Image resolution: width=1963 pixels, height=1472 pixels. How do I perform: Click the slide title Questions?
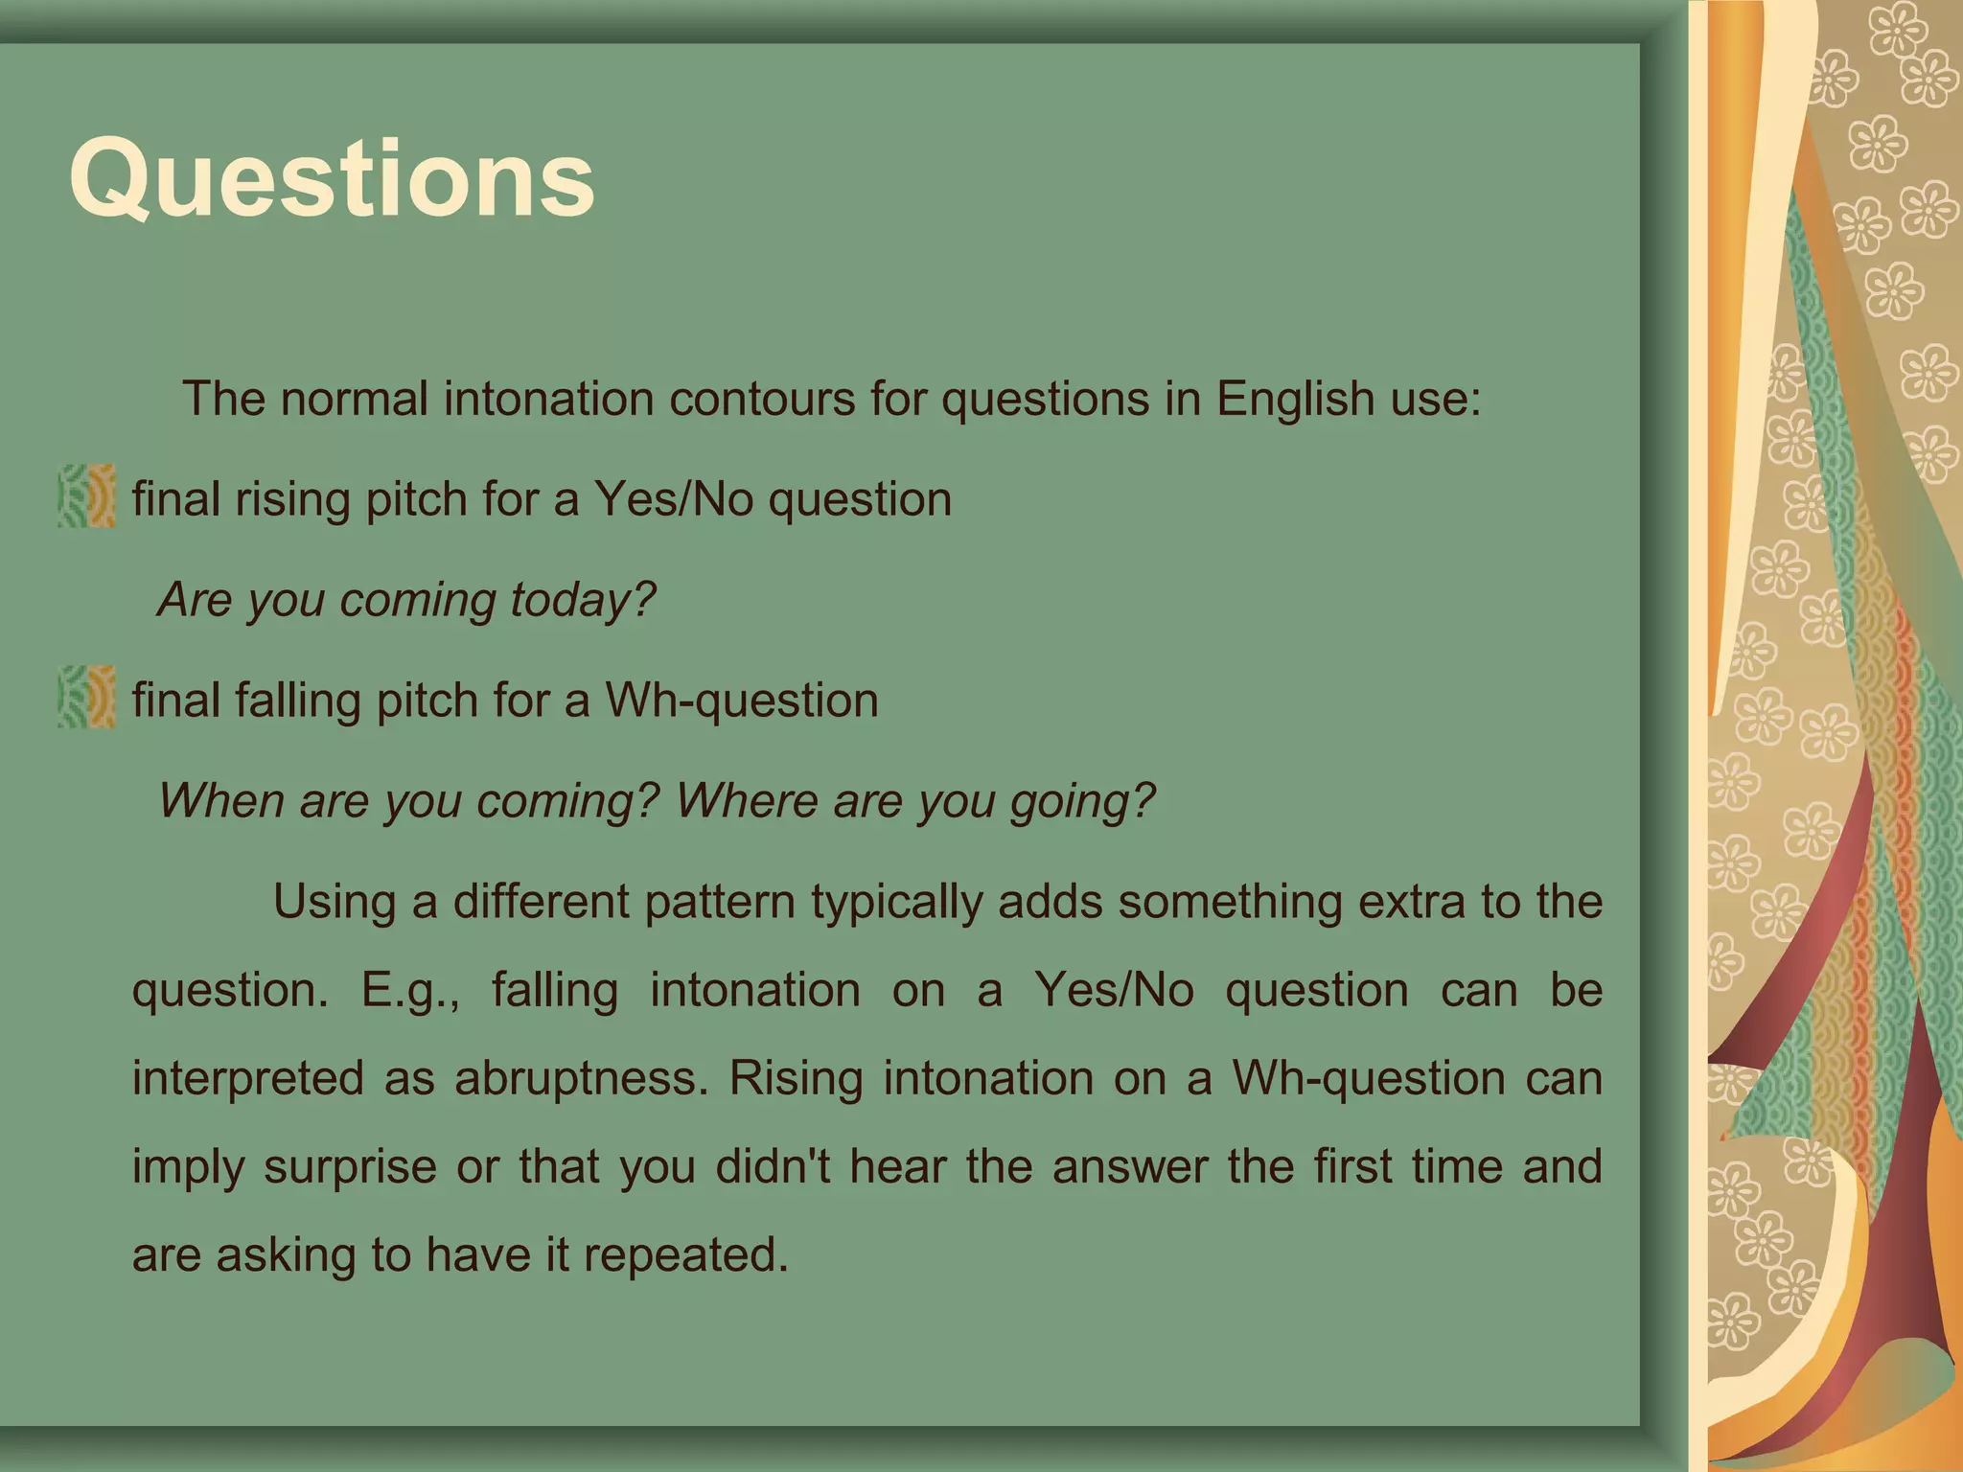[332, 179]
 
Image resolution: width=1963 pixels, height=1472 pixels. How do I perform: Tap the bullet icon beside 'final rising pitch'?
[86, 496]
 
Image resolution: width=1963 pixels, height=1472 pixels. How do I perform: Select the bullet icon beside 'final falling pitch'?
[86, 698]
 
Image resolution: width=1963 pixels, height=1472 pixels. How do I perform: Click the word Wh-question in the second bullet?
[741, 701]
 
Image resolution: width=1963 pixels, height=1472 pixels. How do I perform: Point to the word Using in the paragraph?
[334, 903]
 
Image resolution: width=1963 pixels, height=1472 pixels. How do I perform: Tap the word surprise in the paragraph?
[352, 1167]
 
